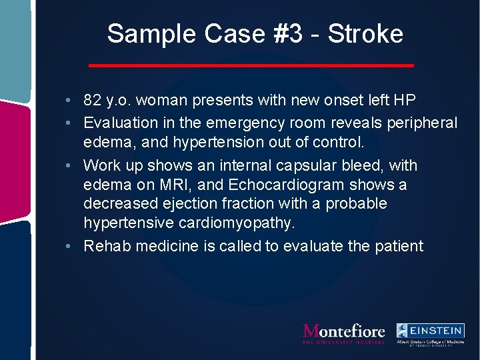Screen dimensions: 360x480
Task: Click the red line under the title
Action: [x=251, y=65]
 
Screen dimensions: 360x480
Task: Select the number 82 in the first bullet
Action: [x=93, y=101]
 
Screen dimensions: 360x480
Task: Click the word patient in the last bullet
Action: [x=398, y=246]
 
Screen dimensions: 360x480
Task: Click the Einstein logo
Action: [x=430, y=333]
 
